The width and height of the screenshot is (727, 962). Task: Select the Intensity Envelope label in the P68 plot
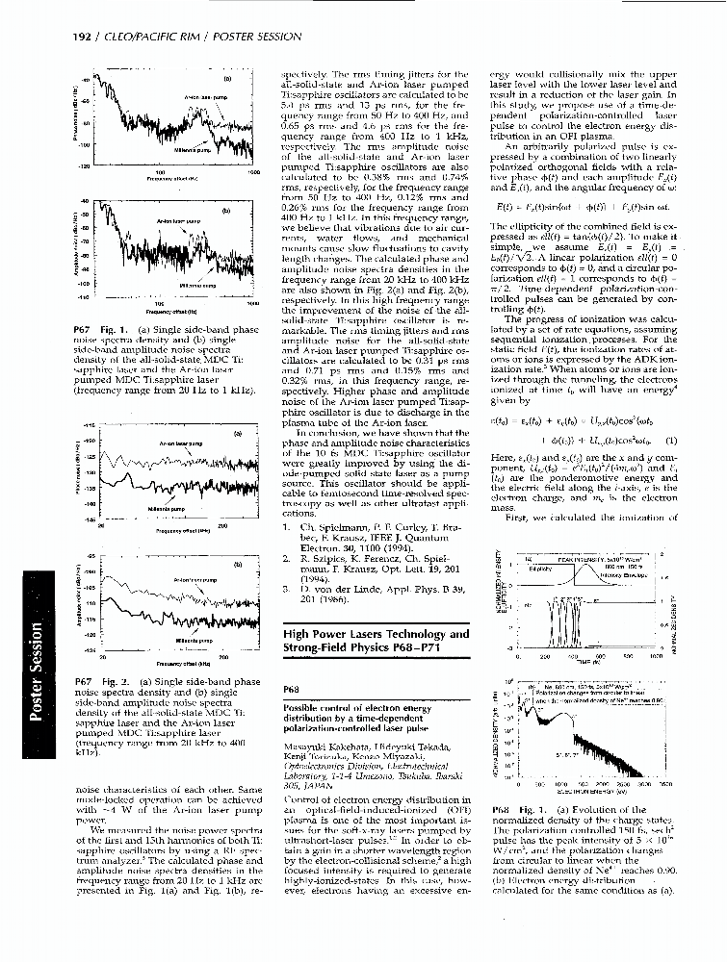click(616, 575)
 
